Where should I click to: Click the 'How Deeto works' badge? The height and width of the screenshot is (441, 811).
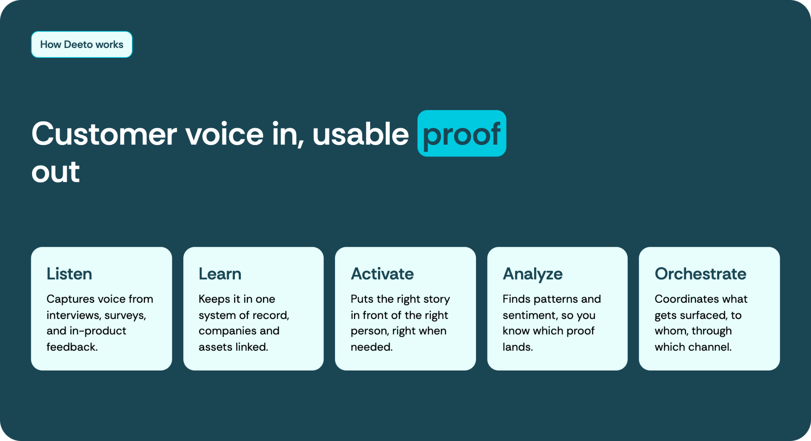(82, 44)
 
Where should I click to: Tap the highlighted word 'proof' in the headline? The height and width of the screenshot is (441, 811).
(462, 134)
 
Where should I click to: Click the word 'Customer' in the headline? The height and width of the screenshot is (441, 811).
(104, 134)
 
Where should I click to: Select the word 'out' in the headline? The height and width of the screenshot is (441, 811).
(56, 172)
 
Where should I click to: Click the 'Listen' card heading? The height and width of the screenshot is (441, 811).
(69, 274)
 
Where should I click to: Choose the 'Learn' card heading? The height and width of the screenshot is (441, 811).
(220, 274)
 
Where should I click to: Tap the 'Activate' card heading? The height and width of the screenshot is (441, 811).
(382, 274)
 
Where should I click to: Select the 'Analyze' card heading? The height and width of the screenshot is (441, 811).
(533, 274)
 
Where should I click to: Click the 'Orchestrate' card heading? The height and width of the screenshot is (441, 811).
(701, 274)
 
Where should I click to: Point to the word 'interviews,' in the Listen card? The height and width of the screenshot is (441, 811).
(73, 315)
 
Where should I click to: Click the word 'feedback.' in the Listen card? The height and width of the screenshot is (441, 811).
(72, 347)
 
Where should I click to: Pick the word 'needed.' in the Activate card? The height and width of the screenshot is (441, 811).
(371, 347)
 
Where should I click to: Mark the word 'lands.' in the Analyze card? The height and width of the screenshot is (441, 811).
(518, 347)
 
